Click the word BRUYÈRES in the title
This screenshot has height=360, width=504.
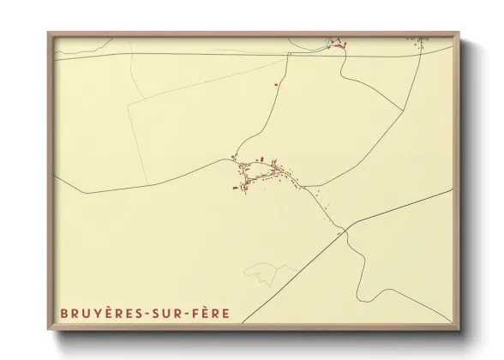pyautogui.click(x=101, y=314)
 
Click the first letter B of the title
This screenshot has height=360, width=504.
pyautogui.click(x=63, y=314)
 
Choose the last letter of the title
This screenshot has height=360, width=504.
pyautogui.click(x=226, y=314)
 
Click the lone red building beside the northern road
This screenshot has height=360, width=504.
pyautogui.click(x=276, y=84)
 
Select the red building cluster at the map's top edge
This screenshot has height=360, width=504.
pyautogui.click(x=337, y=44)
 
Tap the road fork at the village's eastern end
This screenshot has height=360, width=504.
pyautogui.click(x=302, y=184)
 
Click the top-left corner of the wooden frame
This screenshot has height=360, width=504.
pyautogui.click(x=48, y=33)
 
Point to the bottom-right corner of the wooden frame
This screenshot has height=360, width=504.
pyautogui.click(x=458, y=331)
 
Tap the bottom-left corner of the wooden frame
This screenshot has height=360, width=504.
pyautogui.click(x=48, y=331)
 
